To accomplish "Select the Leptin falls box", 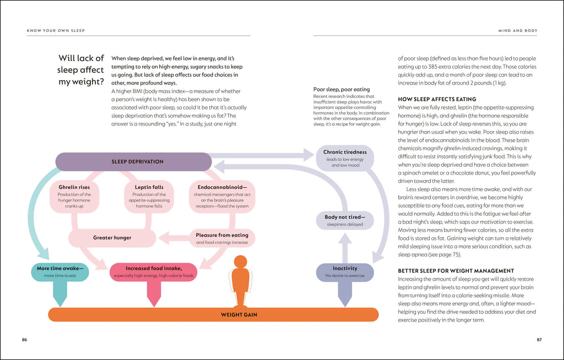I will click(x=149, y=197).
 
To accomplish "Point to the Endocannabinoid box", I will click(x=222, y=197).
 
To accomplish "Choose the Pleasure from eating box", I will click(x=222, y=238).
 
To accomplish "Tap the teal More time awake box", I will click(x=60, y=272).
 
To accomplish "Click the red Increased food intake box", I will click(x=153, y=272).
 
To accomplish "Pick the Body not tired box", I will click(x=345, y=220).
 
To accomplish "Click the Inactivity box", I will click(x=345, y=271).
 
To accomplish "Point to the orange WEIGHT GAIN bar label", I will click(x=239, y=315).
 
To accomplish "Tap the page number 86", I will click(x=24, y=340).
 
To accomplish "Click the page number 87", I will click(x=539, y=340).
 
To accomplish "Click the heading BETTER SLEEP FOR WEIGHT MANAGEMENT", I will click(x=455, y=271).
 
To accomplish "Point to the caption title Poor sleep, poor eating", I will click(x=341, y=89).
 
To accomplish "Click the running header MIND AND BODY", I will click(x=518, y=30).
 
